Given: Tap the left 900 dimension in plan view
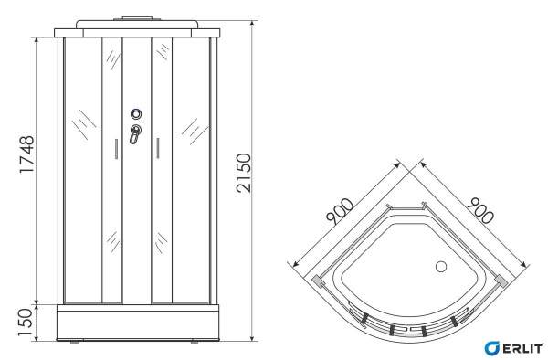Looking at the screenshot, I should [340, 215].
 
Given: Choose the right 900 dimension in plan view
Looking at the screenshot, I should [478, 212].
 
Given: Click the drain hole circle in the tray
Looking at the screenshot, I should [441, 268].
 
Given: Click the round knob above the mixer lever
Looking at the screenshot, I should [136, 115].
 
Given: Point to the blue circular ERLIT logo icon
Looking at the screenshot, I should [491, 348].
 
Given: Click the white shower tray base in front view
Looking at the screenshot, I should [136, 322].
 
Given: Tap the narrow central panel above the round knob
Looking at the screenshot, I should [136, 73].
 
